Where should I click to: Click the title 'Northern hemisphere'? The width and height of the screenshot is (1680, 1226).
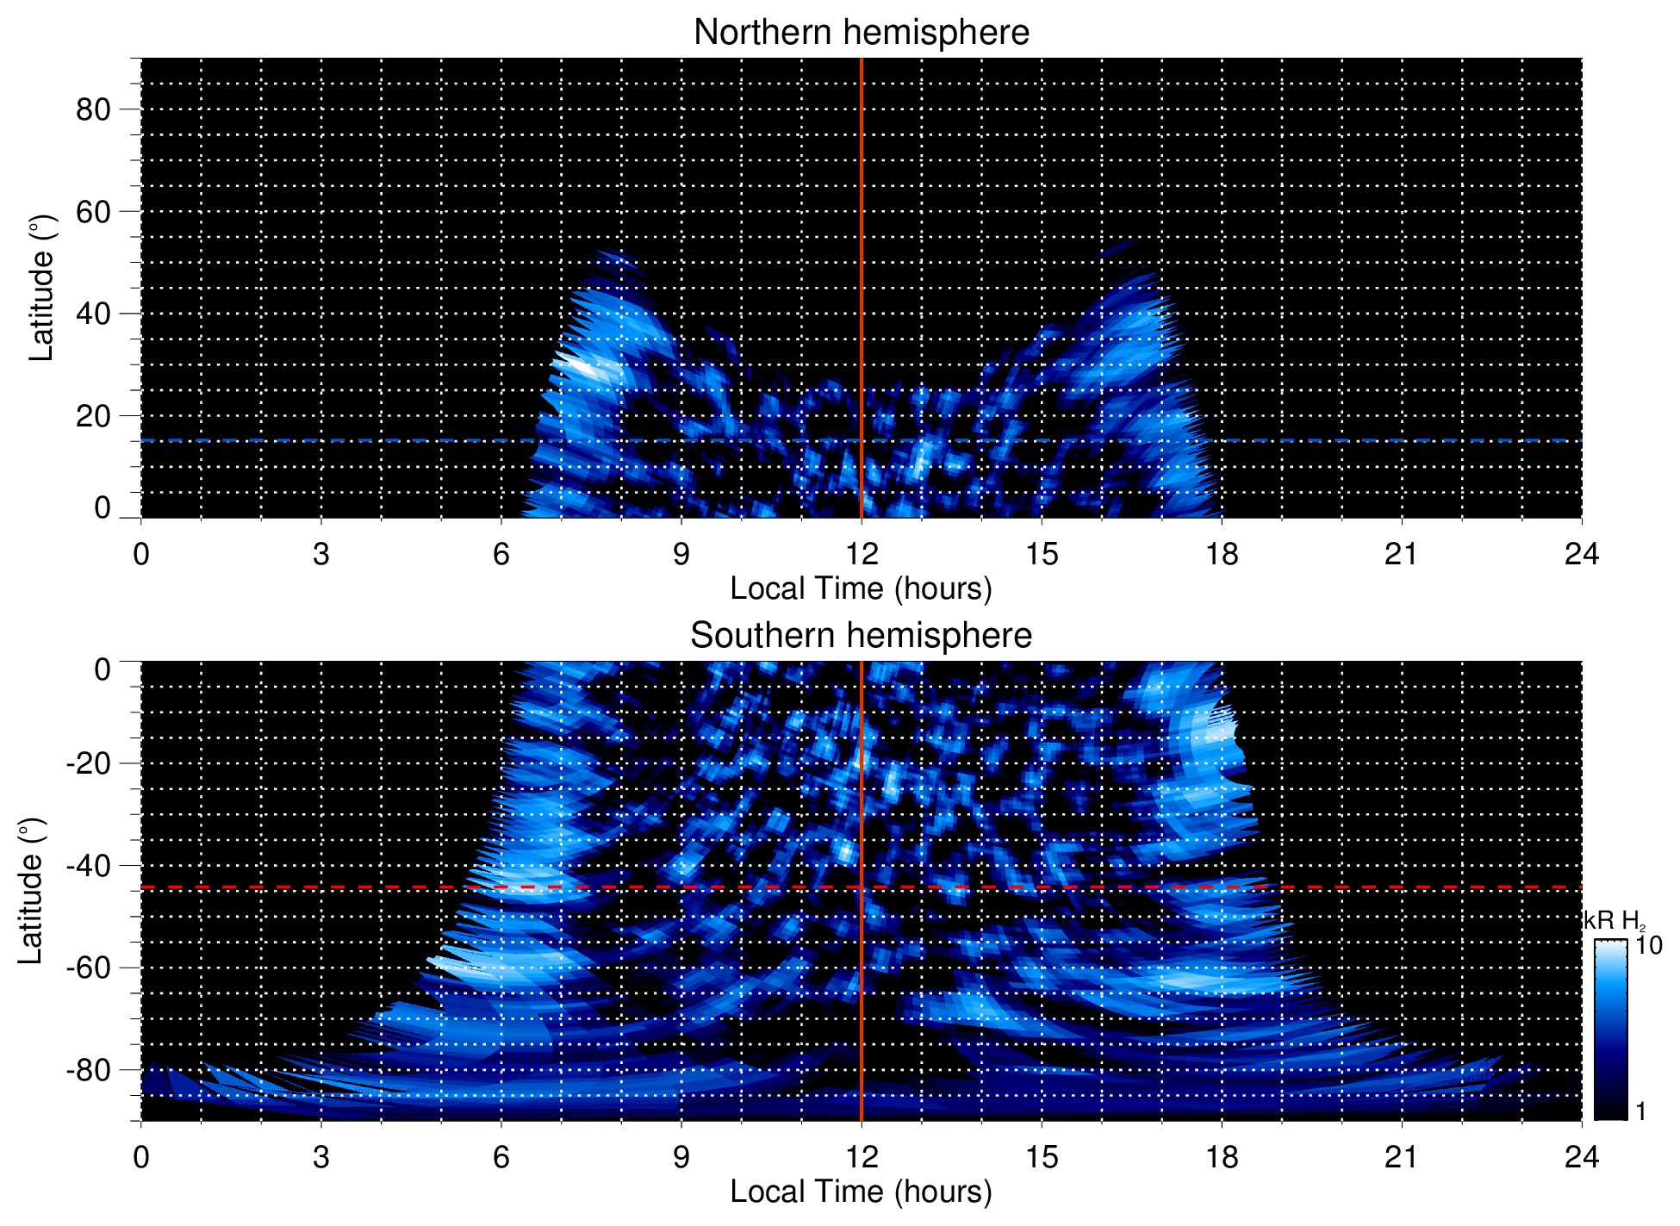(861, 33)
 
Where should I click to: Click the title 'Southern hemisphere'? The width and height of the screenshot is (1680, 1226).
(861, 636)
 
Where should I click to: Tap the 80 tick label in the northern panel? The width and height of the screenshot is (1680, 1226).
(93, 109)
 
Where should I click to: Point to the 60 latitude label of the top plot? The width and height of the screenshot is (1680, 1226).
(93, 211)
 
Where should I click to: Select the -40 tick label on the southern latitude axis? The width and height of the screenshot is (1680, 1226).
(88, 865)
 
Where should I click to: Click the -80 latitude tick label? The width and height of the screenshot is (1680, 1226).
(88, 1070)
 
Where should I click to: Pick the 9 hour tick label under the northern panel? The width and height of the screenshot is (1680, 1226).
(681, 554)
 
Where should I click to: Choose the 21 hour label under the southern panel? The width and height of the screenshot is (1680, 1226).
(1402, 1156)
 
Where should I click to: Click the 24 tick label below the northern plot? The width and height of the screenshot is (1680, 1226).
(1581, 554)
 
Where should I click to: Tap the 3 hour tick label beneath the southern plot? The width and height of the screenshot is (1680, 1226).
(320, 1156)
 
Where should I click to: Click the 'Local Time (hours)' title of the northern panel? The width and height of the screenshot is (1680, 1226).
(861, 588)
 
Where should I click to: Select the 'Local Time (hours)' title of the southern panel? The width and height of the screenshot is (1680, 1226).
(861, 1192)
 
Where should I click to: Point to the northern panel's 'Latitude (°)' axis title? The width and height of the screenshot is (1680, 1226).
(41, 288)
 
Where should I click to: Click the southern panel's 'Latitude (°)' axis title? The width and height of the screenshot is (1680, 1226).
(31, 891)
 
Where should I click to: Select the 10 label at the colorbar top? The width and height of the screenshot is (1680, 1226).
(1647, 945)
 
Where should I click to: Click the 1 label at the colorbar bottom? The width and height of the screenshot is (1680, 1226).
(1640, 1111)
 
